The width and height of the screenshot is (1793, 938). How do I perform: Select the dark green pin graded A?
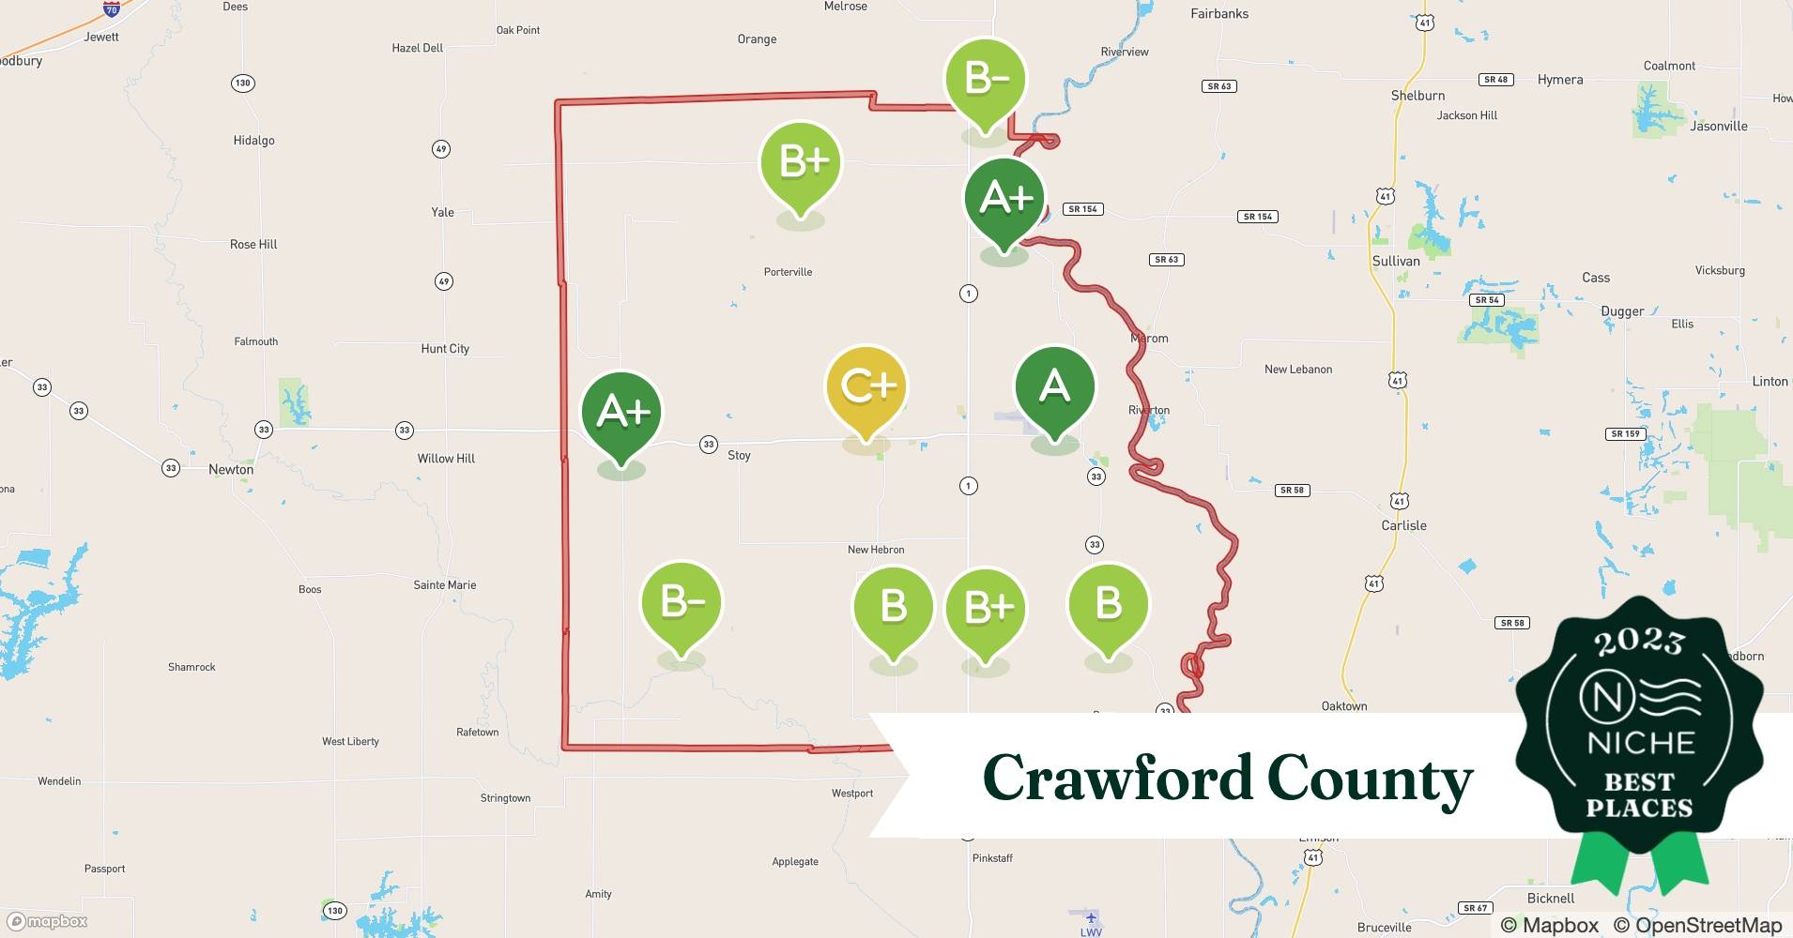1054,387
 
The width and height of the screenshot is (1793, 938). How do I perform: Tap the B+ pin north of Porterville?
801,162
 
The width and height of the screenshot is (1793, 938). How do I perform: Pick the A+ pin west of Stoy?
621,413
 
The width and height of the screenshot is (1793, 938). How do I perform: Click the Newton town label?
231,469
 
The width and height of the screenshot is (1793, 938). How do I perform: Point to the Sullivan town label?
1396,261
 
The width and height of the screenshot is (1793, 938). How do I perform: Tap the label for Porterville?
788,272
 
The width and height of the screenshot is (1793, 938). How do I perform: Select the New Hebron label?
876,550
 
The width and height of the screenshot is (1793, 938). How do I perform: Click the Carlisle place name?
1403,525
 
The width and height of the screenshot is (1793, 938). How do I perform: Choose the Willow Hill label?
446,459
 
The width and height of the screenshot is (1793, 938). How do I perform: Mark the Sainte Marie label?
445,584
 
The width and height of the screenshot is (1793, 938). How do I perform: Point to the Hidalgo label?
253,141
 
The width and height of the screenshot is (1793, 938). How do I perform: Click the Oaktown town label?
1344,706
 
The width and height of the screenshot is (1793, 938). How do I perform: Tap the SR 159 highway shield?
1625,434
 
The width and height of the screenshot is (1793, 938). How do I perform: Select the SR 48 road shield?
1495,80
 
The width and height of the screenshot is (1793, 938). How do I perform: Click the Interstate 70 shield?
112,9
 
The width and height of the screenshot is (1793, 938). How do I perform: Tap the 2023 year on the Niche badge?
1639,641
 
